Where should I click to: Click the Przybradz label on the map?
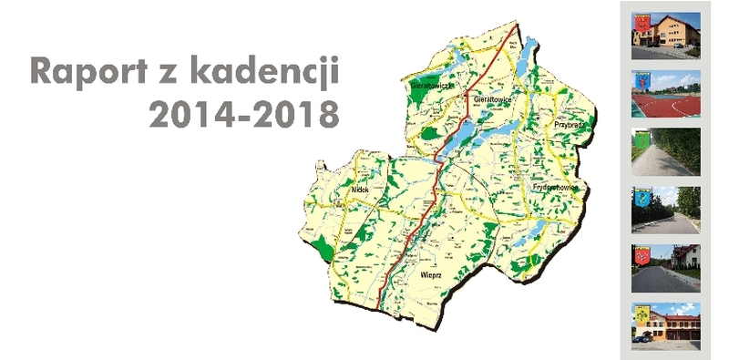coord(568,123)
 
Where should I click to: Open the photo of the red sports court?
coord(666,94)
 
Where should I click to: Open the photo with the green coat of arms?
coord(666,151)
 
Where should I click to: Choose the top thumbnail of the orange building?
coord(666,36)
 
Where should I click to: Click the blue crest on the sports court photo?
coord(640,85)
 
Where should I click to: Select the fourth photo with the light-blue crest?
coord(666,210)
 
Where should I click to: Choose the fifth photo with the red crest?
coord(666,267)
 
